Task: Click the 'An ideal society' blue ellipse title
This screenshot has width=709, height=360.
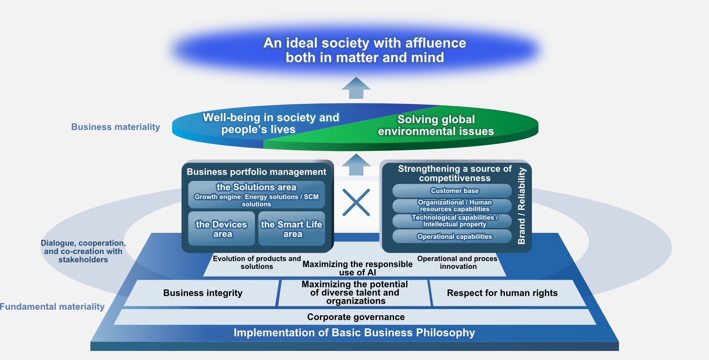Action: click(365, 50)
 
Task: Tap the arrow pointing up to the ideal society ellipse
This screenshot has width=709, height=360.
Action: click(356, 88)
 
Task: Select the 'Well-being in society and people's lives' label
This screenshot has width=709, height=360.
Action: click(271, 123)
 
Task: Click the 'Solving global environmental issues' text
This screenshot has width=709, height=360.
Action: click(436, 125)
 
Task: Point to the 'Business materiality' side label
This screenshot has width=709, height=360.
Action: click(116, 127)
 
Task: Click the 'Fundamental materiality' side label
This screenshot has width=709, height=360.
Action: click(52, 307)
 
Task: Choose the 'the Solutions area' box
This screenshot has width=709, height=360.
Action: click(256, 195)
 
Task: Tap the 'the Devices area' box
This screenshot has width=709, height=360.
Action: click(222, 229)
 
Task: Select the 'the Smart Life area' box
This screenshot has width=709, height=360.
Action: click(292, 229)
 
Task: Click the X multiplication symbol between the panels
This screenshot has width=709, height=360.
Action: click(356, 202)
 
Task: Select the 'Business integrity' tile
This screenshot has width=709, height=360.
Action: click(203, 293)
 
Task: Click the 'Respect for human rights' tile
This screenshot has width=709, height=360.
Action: click(502, 293)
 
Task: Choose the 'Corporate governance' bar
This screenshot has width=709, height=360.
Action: click(356, 317)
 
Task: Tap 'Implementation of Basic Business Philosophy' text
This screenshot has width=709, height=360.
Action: click(354, 333)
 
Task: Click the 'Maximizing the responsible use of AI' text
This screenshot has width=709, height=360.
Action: click(357, 268)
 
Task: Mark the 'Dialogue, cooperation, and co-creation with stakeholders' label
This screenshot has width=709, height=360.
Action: click(83, 251)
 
